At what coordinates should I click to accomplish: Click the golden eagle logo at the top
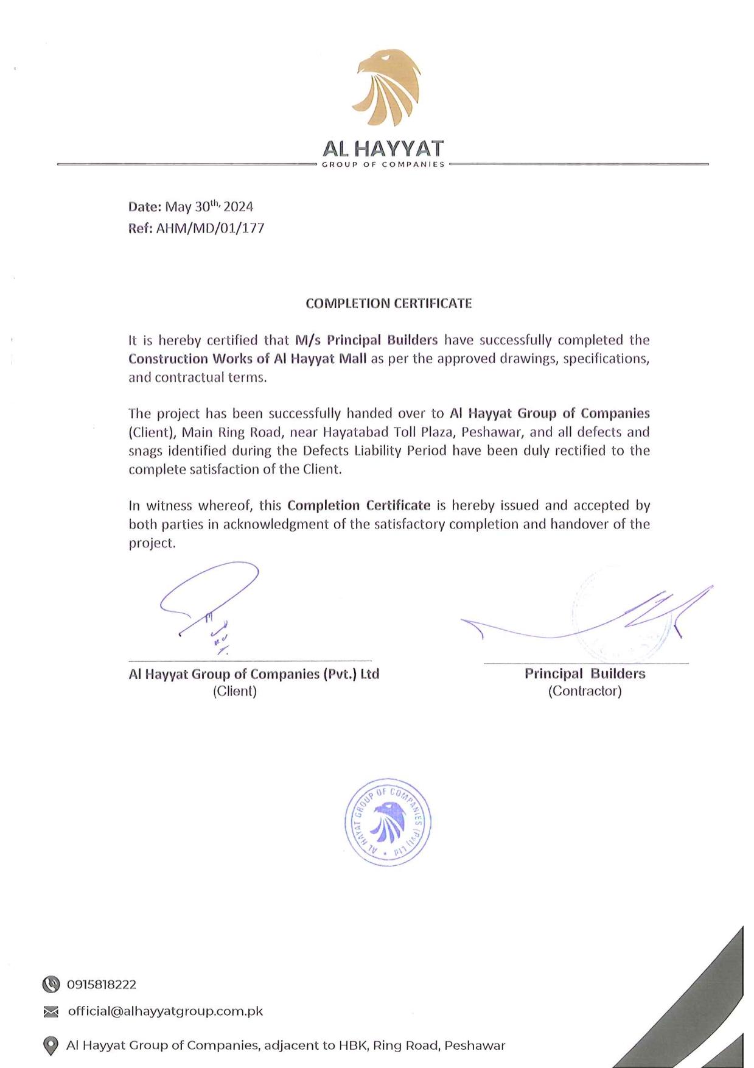coord(388,88)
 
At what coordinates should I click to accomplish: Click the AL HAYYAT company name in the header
coord(383,149)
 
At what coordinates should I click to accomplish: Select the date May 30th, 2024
coord(209,206)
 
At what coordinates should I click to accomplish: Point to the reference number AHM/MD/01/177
coord(211,228)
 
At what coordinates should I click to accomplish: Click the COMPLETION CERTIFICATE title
coord(388,303)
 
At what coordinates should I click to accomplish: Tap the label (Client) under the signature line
coord(235,691)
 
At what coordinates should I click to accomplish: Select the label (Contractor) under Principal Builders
coord(585,691)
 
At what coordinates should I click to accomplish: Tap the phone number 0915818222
coord(102,984)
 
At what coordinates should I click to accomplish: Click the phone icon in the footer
coord(51,984)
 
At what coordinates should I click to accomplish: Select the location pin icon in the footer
coord(51,1045)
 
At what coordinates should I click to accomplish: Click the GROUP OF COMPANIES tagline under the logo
coord(383,164)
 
